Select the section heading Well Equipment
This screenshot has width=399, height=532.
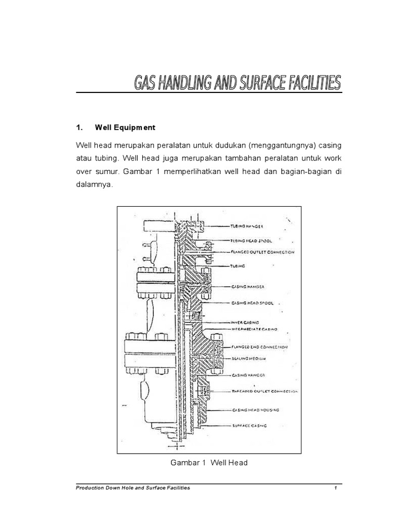click(x=125, y=127)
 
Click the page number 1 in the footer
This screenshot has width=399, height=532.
click(x=336, y=488)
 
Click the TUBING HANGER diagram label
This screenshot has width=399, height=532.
click(x=247, y=227)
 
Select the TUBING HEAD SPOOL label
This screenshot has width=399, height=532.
click(x=251, y=241)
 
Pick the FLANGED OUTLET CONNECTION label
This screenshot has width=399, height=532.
click(x=262, y=252)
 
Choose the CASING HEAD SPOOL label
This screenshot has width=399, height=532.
click(x=251, y=302)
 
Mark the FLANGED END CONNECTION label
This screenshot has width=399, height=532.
click(x=260, y=347)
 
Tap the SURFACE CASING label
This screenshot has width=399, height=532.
click(x=248, y=425)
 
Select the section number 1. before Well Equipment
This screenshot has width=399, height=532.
click(x=79, y=127)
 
